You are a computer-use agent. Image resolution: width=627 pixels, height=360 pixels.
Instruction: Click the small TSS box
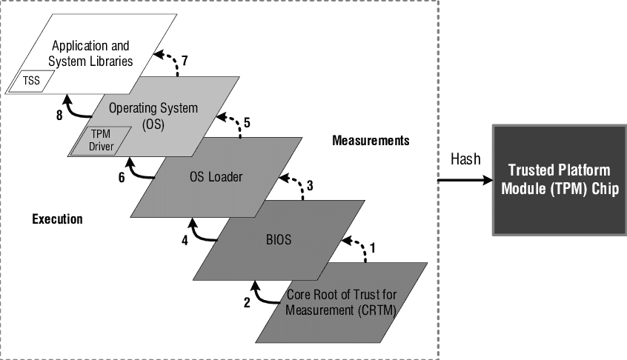tap(31, 81)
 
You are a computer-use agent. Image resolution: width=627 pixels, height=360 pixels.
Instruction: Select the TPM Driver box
tap(101, 140)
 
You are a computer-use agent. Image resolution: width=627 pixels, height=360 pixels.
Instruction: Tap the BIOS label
tap(279, 240)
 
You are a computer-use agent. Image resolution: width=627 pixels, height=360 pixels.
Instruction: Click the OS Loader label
tap(216, 176)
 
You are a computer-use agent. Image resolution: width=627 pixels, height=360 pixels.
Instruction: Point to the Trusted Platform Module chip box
tap(560, 180)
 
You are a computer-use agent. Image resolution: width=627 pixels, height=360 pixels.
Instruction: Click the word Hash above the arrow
tap(465, 159)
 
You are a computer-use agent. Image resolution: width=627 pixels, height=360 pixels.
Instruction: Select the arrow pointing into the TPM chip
tap(465, 180)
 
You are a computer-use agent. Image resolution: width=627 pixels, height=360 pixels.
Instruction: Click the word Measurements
tap(371, 141)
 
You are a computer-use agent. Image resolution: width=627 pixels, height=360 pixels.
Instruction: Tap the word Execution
tap(57, 219)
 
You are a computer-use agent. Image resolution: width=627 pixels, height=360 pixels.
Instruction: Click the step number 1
tap(373, 248)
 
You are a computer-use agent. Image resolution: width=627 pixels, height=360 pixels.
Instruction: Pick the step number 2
tap(247, 303)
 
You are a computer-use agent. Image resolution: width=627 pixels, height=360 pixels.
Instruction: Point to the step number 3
tap(310, 185)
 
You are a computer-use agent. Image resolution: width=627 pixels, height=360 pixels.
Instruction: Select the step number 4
tap(185, 240)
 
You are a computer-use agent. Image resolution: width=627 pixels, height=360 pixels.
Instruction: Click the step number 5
tap(247, 123)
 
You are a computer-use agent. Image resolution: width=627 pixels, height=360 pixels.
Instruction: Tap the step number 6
tap(122, 177)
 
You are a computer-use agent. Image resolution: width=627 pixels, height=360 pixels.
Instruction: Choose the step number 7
tap(185, 61)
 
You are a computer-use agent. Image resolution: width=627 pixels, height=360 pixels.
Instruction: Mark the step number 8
tap(59, 116)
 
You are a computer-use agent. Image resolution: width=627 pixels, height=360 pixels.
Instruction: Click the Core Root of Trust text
tap(341, 302)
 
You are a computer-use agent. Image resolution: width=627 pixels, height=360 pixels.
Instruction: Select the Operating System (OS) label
tap(153, 116)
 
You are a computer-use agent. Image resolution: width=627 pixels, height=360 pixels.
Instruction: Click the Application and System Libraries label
tap(90, 53)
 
